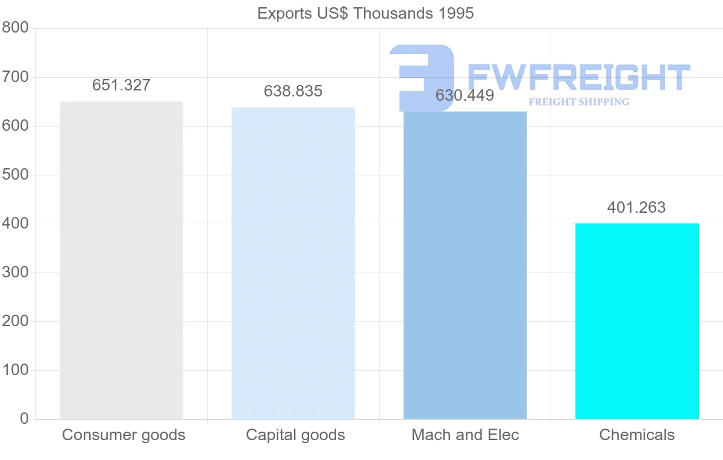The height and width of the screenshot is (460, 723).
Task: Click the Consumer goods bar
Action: coord(121,260)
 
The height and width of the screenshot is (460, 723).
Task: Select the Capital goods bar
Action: coord(293,263)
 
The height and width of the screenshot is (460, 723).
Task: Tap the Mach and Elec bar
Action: coord(465,265)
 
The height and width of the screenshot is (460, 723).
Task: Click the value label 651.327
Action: coord(121,86)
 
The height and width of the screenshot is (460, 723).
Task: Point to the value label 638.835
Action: coord(293,92)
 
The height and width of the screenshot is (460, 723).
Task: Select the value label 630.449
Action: coord(465,96)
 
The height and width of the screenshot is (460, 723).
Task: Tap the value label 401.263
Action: coord(637,208)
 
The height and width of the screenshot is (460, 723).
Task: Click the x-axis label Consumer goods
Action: coord(124,435)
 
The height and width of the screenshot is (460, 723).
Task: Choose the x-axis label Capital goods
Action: coord(295,435)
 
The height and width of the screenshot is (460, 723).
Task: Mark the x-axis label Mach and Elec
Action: coord(465,435)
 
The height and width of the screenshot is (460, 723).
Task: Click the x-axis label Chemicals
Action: coord(637,435)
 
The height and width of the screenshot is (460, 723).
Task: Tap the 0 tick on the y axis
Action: coord(24,419)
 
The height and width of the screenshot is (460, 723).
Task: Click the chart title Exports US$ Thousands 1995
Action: coord(365,13)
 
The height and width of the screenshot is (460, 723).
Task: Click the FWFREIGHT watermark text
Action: coord(578,77)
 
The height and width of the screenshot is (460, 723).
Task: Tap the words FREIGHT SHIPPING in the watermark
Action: coord(578,102)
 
